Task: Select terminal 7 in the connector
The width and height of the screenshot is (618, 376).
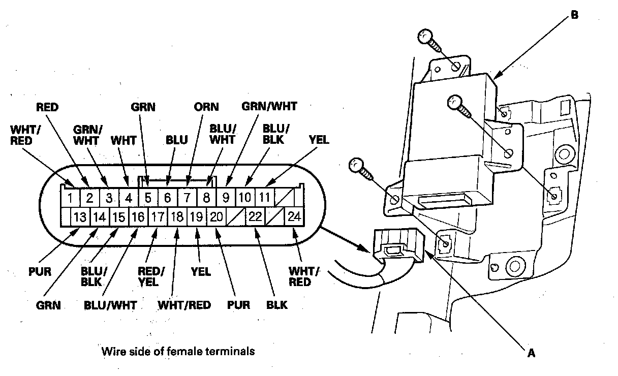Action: [x=187, y=197]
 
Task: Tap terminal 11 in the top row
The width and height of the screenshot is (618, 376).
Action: [x=264, y=197]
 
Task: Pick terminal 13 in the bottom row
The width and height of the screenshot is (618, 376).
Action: [x=80, y=217]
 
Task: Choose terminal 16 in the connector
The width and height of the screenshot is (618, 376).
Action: [x=138, y=217]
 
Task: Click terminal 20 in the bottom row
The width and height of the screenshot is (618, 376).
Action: [x=216, y=217]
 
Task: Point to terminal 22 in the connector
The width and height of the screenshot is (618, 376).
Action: [x=255, y=217]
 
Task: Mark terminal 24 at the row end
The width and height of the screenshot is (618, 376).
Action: [x=294, y=217]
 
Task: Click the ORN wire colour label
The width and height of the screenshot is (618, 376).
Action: [x=206, y=107]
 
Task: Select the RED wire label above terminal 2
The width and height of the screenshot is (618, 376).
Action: [x=47, y=107]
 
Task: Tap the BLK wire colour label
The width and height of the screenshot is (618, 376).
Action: [x=276, y=305]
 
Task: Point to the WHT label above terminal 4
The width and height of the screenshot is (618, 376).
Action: [x=123, y=139]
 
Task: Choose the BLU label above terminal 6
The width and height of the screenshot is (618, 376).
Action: [x=176, y=140]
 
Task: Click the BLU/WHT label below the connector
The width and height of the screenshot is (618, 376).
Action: [x=110, y=305]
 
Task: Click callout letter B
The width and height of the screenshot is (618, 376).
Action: [x=574, y=15]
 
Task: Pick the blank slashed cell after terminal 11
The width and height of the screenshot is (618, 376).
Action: [x=284, y=197]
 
